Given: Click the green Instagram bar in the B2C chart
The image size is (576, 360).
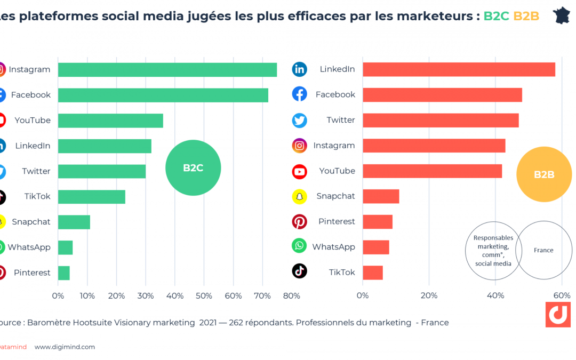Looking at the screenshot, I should [x=167, y=70].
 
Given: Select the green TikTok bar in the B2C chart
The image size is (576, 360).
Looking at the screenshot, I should [x=91, y=197].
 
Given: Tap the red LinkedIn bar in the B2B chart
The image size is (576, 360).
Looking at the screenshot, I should [x=459, y=69].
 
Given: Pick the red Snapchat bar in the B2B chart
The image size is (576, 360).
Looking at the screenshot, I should [x=381, y=196].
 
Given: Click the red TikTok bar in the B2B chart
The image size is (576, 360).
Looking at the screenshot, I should [x=372, y=273].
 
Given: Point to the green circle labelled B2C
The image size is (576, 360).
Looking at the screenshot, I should [x=193, y=168].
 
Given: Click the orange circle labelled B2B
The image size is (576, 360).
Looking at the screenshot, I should [x=544, y=174].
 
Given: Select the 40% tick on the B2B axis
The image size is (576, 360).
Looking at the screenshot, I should [x=495, y=296].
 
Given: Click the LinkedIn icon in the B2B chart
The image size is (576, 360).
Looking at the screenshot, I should [x=300, y=69].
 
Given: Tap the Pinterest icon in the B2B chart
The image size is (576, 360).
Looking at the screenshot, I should [x=300, y=221].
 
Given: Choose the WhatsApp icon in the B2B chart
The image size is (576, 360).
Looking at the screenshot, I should [x=300, y=246].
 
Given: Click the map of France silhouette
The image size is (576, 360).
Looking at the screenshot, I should [x=562, y=15].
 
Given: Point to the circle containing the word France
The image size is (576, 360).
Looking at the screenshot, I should [x=543, y=250].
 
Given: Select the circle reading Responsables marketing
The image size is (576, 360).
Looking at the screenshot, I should [x=493, y=250].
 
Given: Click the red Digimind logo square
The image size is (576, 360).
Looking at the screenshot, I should [x=558, y=315].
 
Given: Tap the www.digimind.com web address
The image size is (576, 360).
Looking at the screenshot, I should [x=65, y=347].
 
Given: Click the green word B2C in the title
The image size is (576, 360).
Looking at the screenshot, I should [x=496, y=16].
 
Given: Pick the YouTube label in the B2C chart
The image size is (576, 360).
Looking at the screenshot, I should [x=33, y=121].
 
